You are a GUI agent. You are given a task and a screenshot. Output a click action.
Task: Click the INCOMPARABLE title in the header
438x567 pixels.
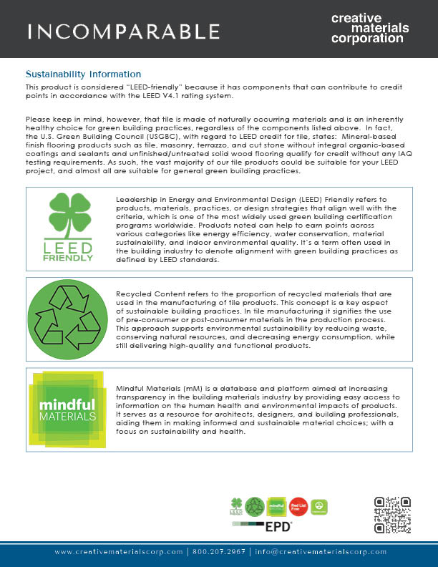click(x=124, y=31)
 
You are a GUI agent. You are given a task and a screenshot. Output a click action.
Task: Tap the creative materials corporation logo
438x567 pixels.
click(x=370, y=28)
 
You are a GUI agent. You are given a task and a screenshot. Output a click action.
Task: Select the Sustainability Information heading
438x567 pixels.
click(x=83, y=74)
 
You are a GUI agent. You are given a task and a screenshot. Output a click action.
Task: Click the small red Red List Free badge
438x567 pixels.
click(x=299, y=507)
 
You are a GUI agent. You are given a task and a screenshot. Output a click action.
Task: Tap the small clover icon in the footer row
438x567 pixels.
click(x=236, y=507)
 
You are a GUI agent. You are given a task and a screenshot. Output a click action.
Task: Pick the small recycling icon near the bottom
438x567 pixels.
click(x=255, y=507)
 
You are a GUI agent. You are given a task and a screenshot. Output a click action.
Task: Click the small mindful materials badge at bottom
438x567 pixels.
click(x=277, y=507)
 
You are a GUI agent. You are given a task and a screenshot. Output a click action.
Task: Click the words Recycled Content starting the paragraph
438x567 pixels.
click(x=149, y=294)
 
